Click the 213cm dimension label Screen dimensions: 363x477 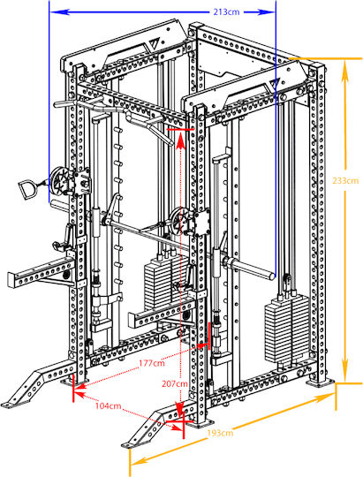pyautogui.click(x=226, y=12)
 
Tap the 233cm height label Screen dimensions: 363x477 pyautogui.click(x=345, y=181)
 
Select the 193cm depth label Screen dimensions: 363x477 pyautogui.click(x=220, y=433)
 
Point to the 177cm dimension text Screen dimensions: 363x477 pyautogui.click(x=152, y=363)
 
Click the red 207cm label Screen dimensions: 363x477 pyautogui.click(x=175, y=384)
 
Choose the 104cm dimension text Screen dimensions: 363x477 pyautogui.click(x=109, y=405)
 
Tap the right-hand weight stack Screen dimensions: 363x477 pyautogui.click(x=288, y=330)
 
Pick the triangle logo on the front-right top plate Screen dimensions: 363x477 pyautogui.click(x=274, y=83)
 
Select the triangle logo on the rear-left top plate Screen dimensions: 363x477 pyautogui.click(x=152, y=45)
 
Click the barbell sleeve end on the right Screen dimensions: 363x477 pyautogui.click(x=271, y=276)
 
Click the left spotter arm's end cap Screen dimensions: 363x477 pyautogui.click(x=11, y=280)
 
